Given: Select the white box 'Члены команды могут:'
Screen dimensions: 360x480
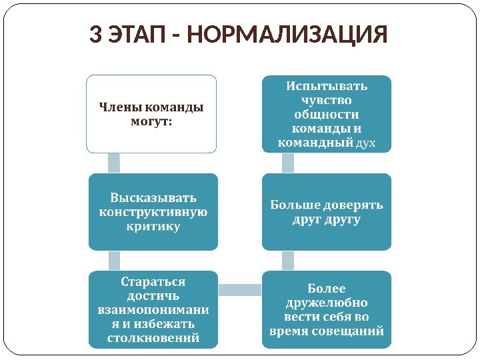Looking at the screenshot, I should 151,113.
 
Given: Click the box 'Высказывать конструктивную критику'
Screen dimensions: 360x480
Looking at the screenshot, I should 153,212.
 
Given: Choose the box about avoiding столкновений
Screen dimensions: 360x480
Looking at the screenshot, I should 153,309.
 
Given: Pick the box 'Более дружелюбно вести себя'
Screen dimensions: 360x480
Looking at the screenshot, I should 327,309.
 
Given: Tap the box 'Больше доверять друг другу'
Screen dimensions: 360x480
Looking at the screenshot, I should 327,212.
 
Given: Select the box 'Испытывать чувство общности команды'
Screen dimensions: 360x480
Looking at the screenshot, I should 327,113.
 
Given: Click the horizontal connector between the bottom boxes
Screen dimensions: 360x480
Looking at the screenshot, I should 240,289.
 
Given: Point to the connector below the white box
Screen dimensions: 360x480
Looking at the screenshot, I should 114,163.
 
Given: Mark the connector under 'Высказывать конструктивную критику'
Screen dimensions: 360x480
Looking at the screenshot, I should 114,260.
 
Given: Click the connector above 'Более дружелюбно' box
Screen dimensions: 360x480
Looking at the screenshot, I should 288,260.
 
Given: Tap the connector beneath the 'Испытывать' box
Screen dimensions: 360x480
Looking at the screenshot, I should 288,163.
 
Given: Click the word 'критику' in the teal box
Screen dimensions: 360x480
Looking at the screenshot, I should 153,227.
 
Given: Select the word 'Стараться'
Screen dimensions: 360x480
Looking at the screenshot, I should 153,281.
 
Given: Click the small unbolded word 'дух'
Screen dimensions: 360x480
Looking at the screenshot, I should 366,143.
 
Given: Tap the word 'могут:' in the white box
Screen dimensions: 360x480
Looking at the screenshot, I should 151,121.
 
